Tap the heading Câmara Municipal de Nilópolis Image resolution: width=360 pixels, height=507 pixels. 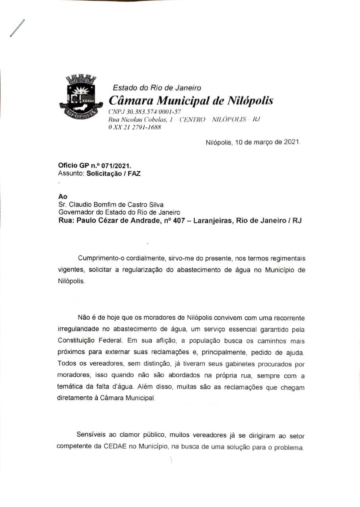(191, 100)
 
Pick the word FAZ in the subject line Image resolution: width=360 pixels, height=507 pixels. (133, 173)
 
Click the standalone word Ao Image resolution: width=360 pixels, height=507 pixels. (63, 196)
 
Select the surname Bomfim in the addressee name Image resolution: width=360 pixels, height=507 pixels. (106, 204)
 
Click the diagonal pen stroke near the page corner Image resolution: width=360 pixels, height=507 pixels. (17, 28)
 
